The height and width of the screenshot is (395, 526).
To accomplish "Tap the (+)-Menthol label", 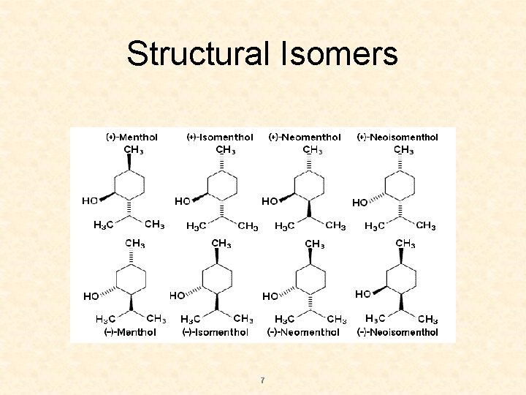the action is pos(131,137).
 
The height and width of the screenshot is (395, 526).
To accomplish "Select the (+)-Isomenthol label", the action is pos(220,137).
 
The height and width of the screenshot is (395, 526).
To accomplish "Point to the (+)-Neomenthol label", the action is pos(305,137).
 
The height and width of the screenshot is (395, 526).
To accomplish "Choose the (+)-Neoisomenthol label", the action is pos(397,137).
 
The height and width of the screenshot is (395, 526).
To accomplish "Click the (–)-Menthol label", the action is pos(131,332).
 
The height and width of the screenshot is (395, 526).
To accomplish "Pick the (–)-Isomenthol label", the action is pos(216,332).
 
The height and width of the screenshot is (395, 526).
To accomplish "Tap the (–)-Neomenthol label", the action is pos(303,332).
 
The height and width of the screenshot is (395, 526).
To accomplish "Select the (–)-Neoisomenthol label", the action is pos(397,332).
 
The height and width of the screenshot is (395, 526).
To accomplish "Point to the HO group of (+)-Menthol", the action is pos(90,200).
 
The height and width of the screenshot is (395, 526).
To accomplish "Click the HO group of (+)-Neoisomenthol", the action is pos(360,203).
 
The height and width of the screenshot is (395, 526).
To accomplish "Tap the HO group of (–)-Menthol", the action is pos(91,296).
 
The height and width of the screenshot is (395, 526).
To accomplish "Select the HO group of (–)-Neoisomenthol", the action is pos(363,294).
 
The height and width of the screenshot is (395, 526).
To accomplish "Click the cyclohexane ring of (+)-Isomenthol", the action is pos(221,186).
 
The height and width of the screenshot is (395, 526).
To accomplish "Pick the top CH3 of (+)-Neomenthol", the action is pos(313,150).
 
